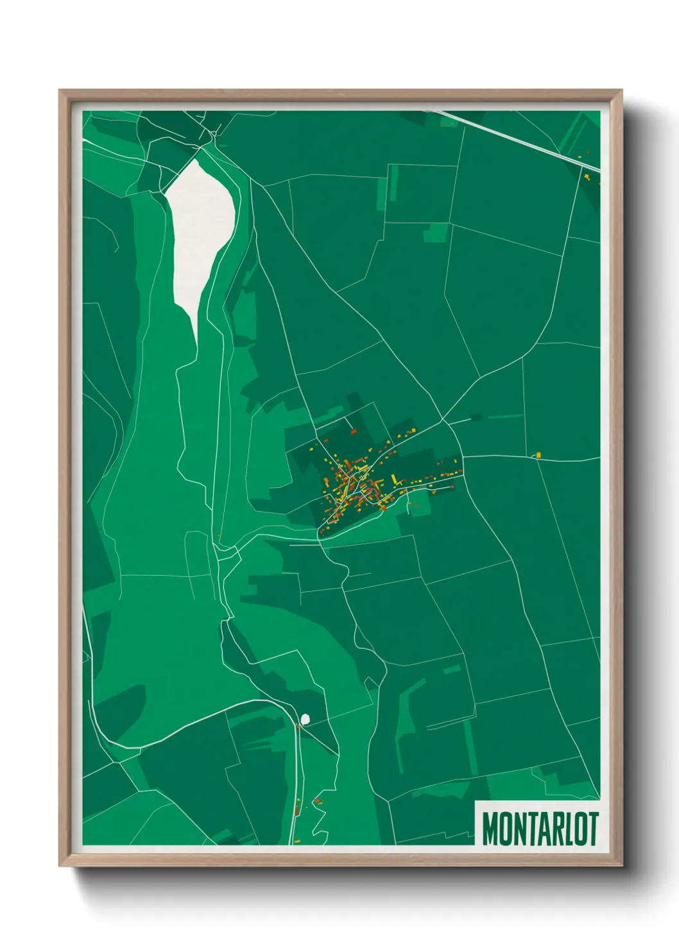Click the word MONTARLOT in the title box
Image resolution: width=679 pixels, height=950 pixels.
[540, 829]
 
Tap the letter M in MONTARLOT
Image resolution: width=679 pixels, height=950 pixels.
[490, 829]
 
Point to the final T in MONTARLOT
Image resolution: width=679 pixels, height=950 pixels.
[593, 829]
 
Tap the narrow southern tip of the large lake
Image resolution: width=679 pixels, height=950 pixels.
[194, 334]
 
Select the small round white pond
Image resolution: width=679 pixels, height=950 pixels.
[305, 718]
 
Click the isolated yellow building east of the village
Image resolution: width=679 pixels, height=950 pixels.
[538, 455]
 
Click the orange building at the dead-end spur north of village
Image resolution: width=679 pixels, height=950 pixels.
[353, 432]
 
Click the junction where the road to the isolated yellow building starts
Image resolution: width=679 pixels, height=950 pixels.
[462, 456]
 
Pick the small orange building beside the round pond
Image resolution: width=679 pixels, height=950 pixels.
[298, 727]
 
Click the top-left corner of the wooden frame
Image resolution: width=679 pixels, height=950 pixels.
[60, 91]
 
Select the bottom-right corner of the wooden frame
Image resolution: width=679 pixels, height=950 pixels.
[621, 865]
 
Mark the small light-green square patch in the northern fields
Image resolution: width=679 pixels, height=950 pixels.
[436, 232]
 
